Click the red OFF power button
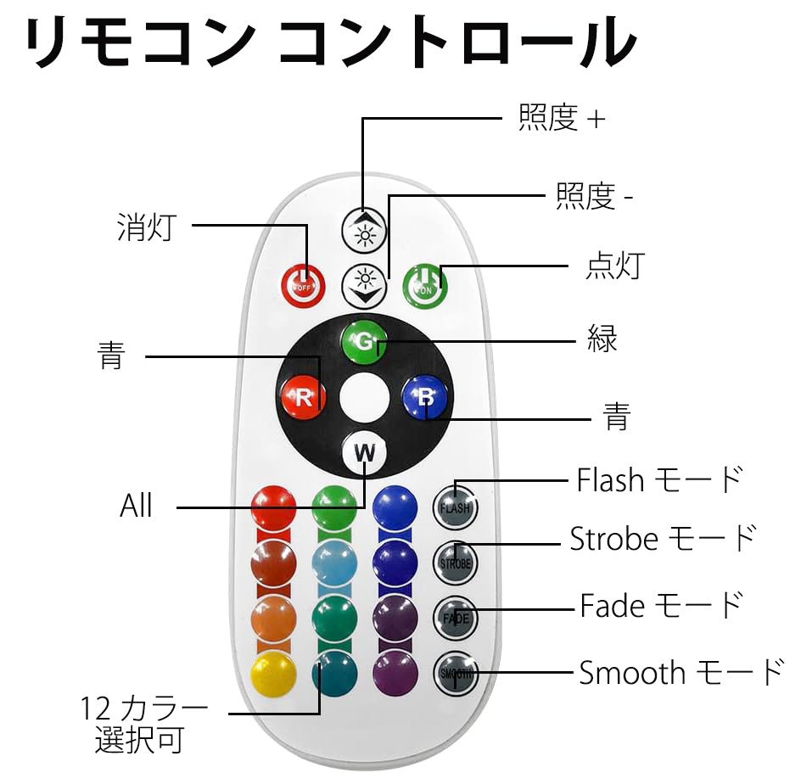pyautogui.click(x=304, y=285)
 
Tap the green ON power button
pyautogui.click(x=425, y=285)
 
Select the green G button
pyautogui.click(x=365, y=342)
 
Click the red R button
pyautogui.click(x=304, y=397)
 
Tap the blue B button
pyautogui.click(x=425, y=397)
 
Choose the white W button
pyautogui.click(x=365, y=452)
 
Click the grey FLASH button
pyautogui.click(x=455, y=507)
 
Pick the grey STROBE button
pyautogui.click(x=455, y=563)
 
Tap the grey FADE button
pyautogui.click(x=455, y=618)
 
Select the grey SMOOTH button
pyautogui.click(x=455, y=673)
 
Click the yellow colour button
pyautogui.click(x=273, y=673)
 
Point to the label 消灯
pyautogui.click(x=147, y=227)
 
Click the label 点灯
pyautogui.click(x=615, y=266)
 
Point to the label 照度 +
pyautogui.click(x=562, y=118)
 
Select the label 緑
pyautogui.click(x=602, y=339)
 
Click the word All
pyautogui.click(x=137, y=506)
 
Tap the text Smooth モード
pyautogui.click(x=681, y=673)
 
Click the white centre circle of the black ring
pyautogui.click(x=365, y=398)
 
